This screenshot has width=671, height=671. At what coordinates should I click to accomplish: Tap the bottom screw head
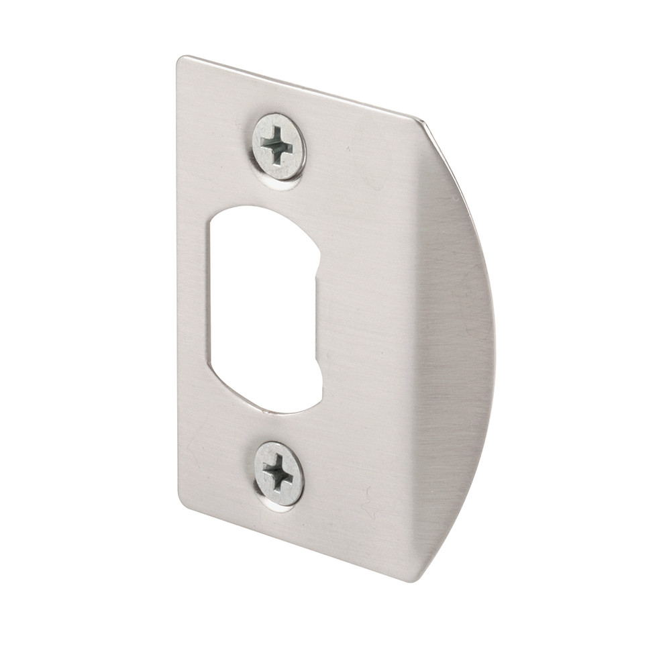point(278,474)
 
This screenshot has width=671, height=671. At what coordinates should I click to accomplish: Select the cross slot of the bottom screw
point(278,473)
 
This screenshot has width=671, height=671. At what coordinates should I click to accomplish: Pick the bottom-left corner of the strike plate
point(181,500)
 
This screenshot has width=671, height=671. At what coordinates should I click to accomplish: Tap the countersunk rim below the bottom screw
point(278,507)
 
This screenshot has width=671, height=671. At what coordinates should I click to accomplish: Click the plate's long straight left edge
point(178,282)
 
